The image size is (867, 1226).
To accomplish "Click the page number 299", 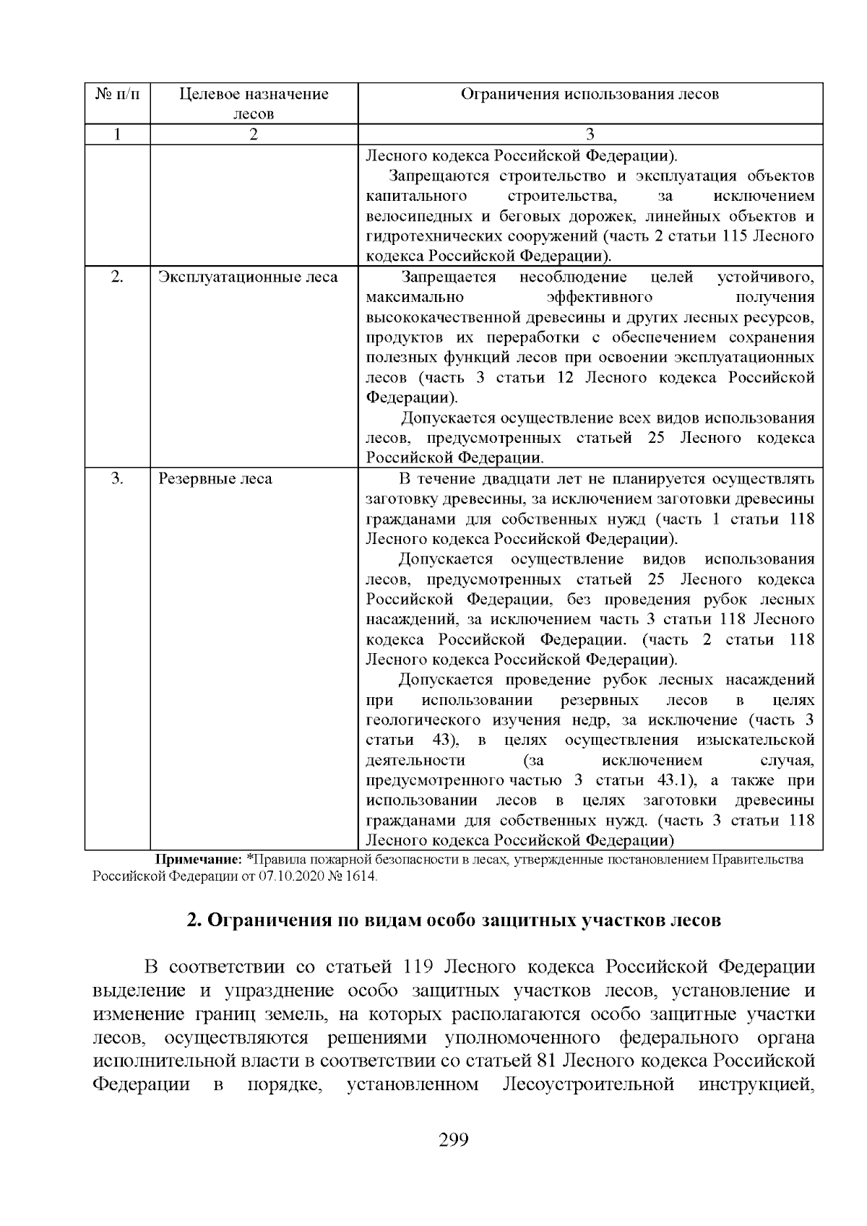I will tap(454, 1141).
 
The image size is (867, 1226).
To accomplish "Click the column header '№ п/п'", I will tap(117, 94).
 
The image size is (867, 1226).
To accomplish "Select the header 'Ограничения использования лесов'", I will tap(590, 94).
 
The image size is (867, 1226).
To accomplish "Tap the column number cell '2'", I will tap(254, 134).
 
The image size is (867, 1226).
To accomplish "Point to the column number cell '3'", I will tap(590, 134).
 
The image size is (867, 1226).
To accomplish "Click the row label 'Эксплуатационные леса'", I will tap(248, 277).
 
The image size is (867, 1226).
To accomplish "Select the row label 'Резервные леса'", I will tap(215, 479).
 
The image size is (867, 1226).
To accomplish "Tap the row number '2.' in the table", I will tap(117, 277).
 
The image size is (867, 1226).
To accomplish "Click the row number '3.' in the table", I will tap(117, 479).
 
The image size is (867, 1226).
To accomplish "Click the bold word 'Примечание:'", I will tap(199, 860).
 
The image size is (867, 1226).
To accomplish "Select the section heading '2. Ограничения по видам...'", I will tap(454, 921).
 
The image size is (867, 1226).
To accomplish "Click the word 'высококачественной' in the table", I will tap(439, 318).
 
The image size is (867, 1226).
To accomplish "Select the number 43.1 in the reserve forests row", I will tap(673, 781).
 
